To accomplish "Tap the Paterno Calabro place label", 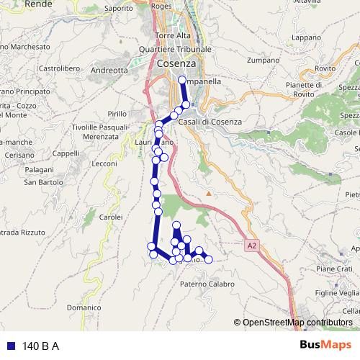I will coord(207,284).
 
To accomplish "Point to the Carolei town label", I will coord(111,216).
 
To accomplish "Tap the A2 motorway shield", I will coord(251,246).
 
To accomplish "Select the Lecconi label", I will coord(104,164).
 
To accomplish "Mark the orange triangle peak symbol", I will coord(209,194).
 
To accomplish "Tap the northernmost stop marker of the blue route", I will coord(181,80).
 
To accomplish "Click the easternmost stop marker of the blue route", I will coord(209,259).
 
